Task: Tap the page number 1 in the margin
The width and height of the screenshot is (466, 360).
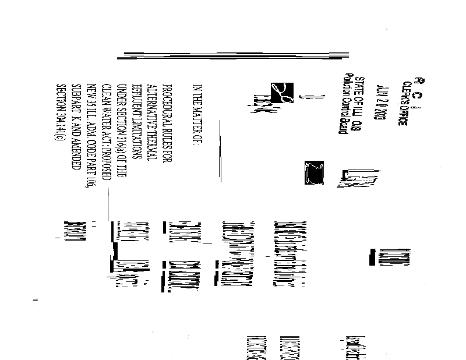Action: click(x=36, y=299)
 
